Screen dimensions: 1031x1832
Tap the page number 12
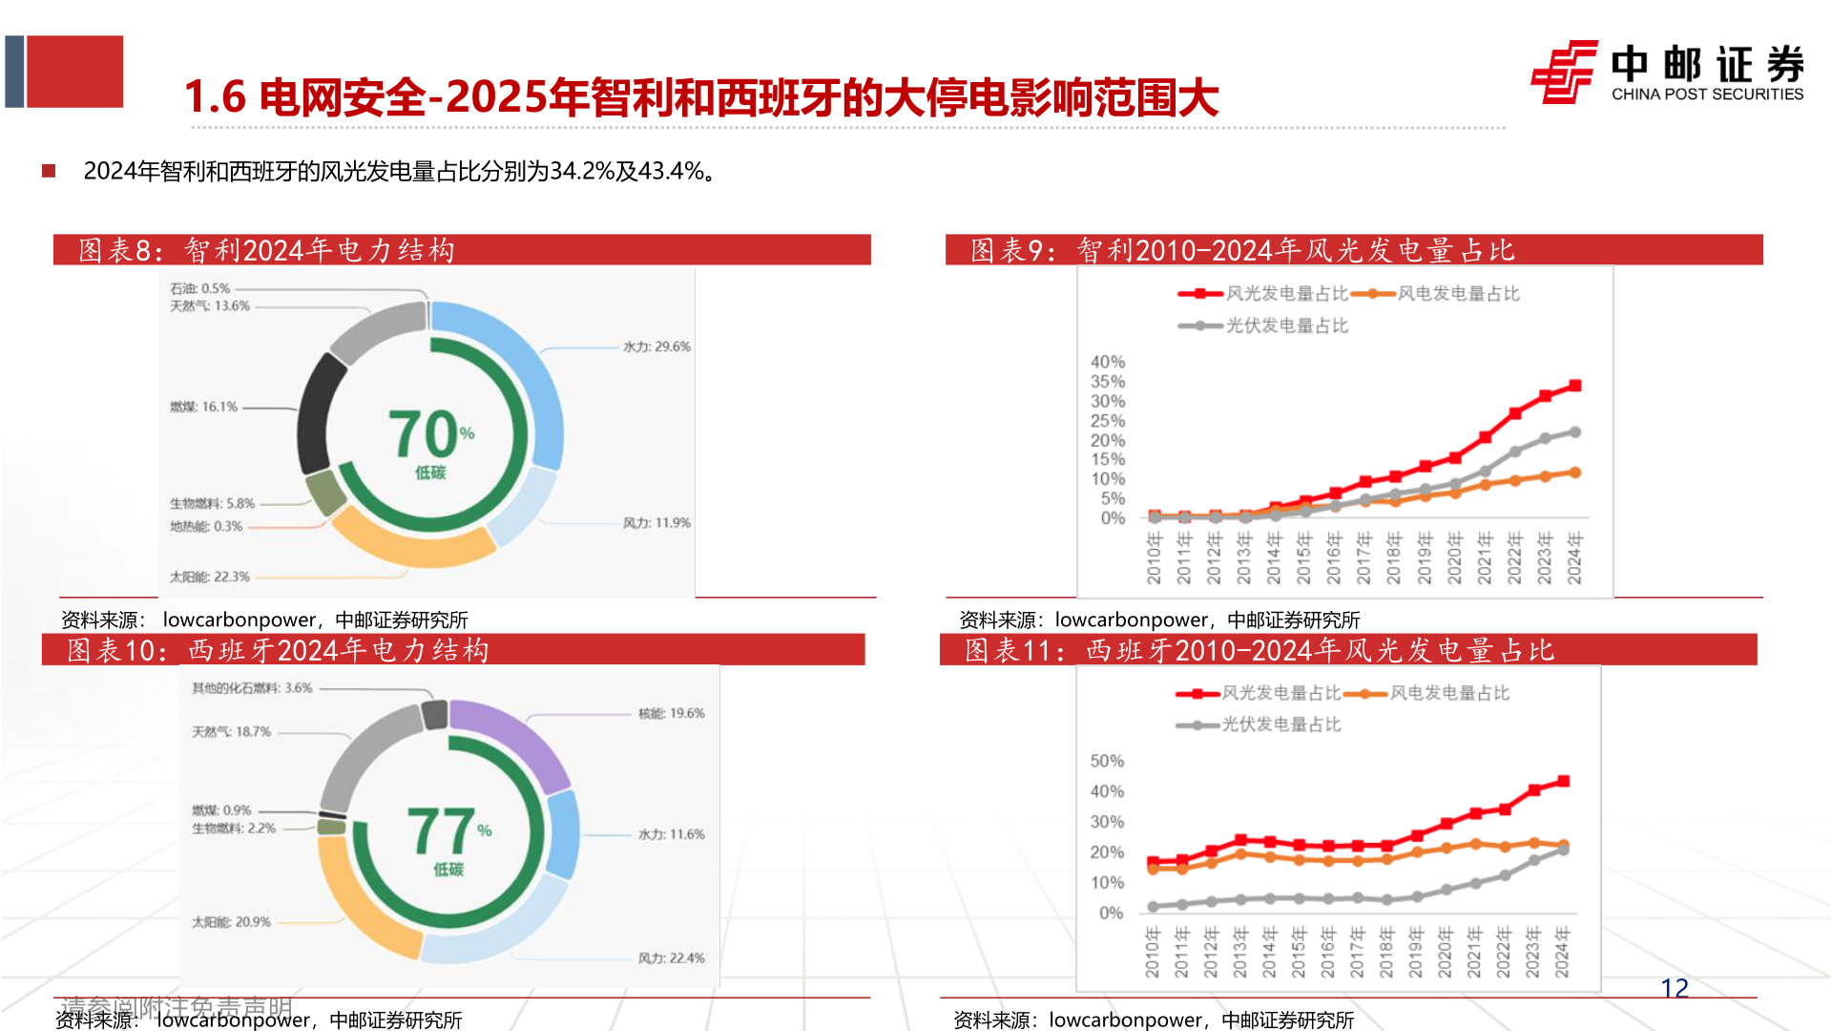[x=1675, y=988]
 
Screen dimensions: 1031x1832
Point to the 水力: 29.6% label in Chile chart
[x=656, y=347]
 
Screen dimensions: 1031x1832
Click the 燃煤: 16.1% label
[x=203, y=407]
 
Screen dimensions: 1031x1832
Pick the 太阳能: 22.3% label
[x=210, y=577]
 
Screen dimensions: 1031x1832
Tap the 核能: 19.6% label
[x=672, y=713]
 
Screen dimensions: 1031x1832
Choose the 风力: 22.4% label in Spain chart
[x=671, y=957]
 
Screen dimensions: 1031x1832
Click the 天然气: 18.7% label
[x=231, y=731]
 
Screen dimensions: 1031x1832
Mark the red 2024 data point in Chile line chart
[x=1575, y=386]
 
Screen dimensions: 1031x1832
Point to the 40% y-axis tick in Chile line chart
[x=1108, y=362]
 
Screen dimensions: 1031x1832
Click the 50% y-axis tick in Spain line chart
[x=1107, y=761]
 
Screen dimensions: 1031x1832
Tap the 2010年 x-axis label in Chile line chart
[x=1154, y=558]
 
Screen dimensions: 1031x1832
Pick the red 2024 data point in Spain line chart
[x=1563, y=781]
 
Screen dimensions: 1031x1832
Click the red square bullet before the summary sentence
[x=49, y=171]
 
